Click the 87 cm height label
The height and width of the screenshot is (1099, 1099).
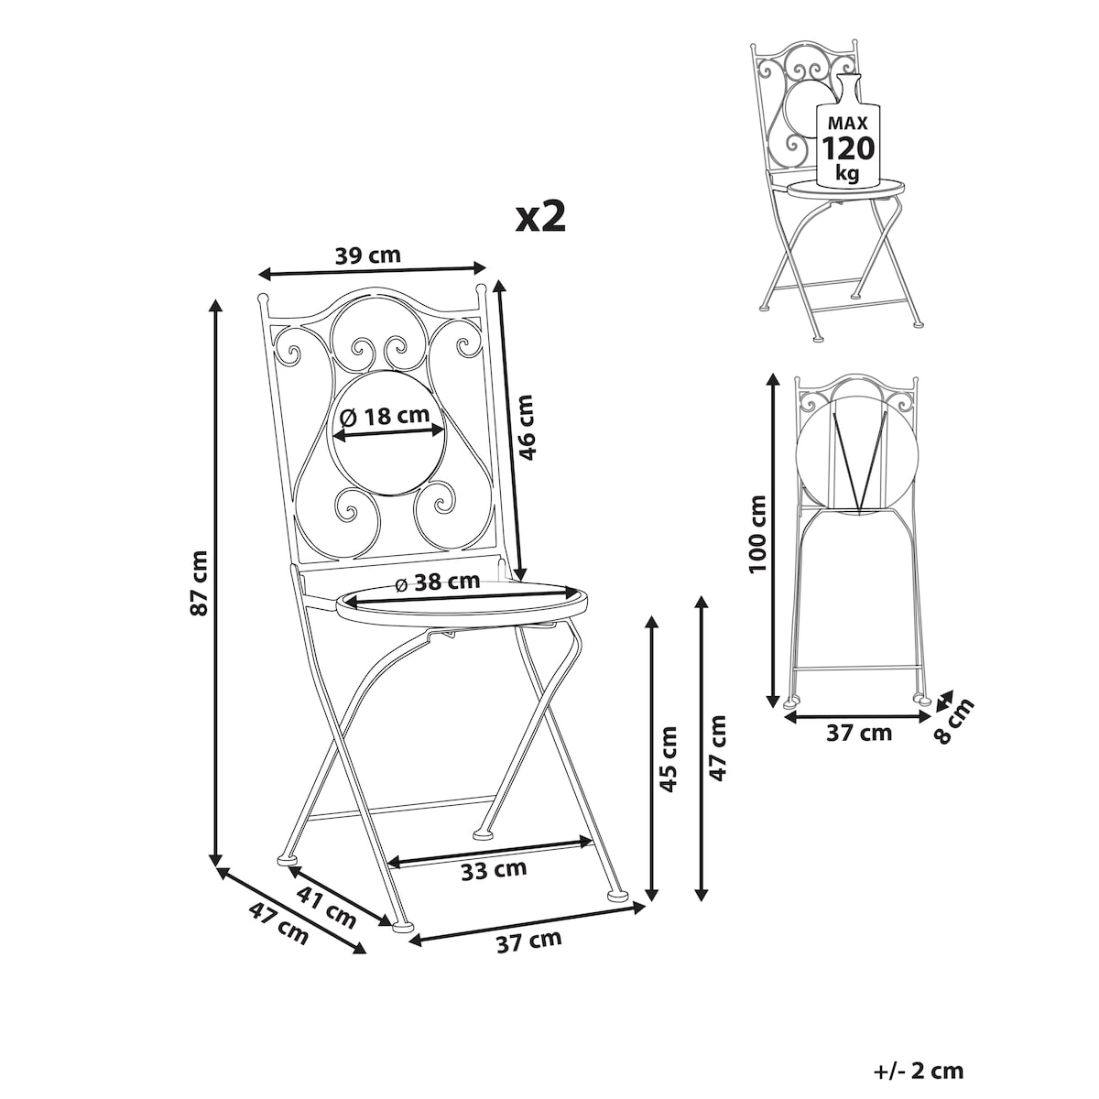click(199, 582)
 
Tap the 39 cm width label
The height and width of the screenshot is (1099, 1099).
click(368, 256)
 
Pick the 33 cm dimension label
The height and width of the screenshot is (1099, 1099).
click(494, 870)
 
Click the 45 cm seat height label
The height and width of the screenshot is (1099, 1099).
click(668, 759)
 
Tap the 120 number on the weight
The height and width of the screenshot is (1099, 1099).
click(847, 149)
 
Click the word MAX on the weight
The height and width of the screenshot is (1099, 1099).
click(847, 123)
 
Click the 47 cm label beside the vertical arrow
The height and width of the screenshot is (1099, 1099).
click(717, 747)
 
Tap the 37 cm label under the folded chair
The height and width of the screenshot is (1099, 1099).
click(859, 733)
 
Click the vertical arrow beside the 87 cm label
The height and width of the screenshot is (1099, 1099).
click(215, 589)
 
